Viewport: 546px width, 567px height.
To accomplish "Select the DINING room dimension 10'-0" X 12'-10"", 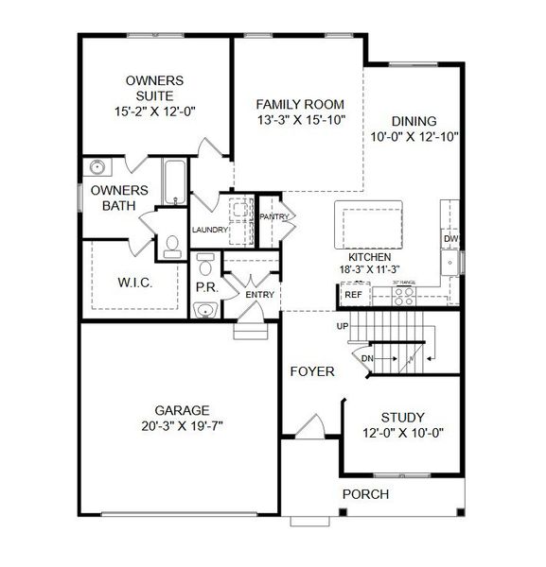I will point(414,136).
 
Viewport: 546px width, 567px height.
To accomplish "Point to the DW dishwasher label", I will point(451,239).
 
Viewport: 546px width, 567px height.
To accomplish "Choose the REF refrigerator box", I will point(353,295).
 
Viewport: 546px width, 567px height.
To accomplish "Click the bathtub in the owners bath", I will point(176,181).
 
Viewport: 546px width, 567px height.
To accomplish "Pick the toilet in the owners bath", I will point(172,247).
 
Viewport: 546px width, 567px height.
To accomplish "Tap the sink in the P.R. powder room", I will point(203,309).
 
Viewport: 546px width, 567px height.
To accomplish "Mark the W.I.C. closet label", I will point(133,283).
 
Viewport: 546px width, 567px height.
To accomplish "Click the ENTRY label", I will point(259,295).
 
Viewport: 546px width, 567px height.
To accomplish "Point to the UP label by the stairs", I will point(343,326).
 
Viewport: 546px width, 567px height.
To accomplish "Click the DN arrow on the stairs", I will point(368,357).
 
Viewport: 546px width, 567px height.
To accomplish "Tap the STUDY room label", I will point(402,417).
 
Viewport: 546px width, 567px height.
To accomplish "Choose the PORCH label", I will point(364,493).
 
